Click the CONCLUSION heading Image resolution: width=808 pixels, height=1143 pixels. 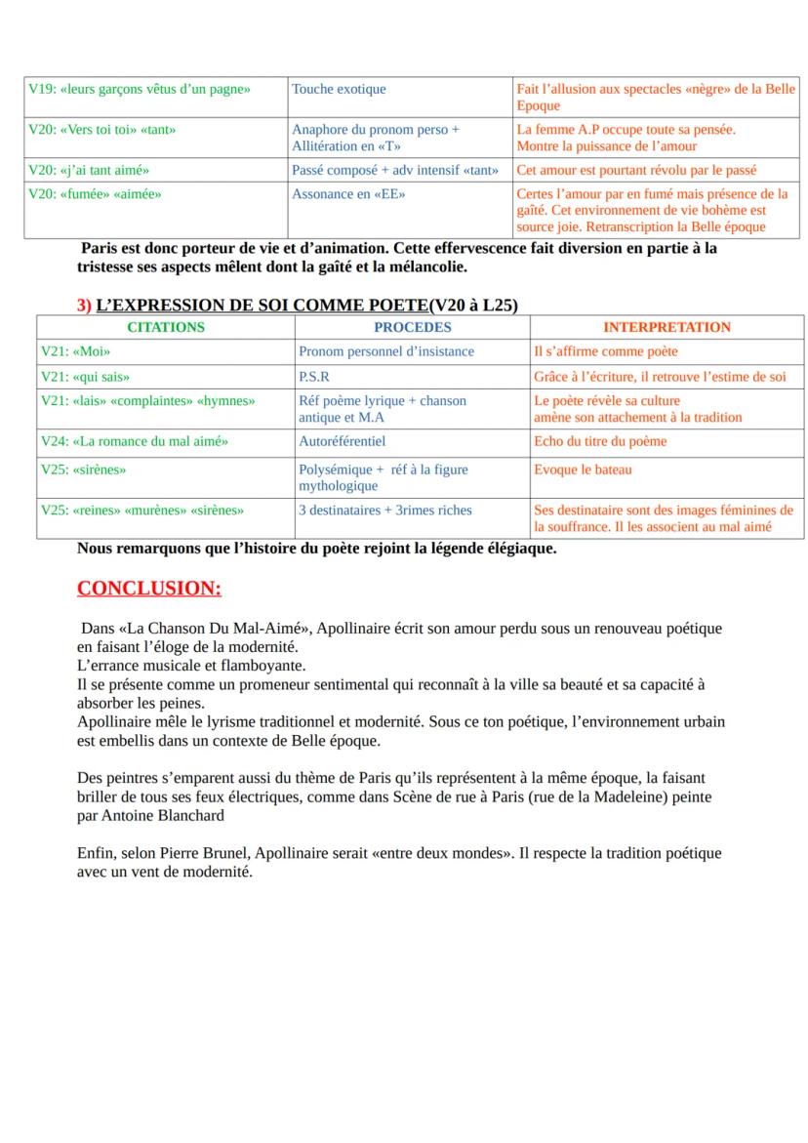tap(149, 589)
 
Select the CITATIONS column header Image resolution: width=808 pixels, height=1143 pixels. tap(166, 327)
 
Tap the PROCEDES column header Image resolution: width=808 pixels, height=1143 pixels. tap(412, 327)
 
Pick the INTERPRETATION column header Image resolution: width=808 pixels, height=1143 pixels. tap(667, 327)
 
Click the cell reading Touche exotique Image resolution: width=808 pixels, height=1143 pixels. tap(339, 89)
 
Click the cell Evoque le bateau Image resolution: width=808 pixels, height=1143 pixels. tap(583, 469)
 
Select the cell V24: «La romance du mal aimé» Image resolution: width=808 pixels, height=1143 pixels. tap(135, 441)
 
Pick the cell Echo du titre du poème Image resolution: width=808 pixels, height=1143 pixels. tap(600, 441)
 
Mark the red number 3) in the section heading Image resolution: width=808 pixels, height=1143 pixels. tap(84, 305)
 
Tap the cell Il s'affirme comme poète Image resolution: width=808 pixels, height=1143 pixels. tap(605, 351)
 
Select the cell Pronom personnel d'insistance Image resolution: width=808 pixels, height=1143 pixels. tap(386, 351)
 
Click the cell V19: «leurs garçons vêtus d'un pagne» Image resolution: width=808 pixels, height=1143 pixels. tap(140, 89)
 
